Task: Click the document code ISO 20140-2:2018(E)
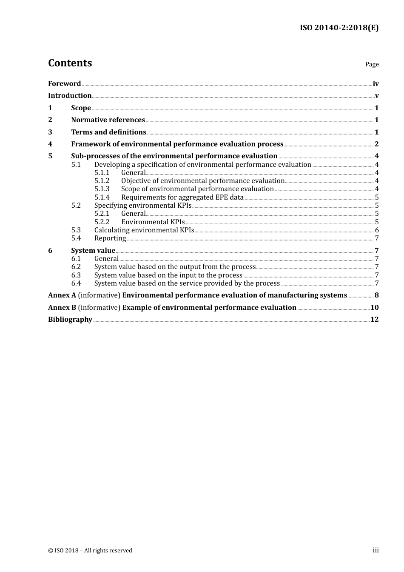(339, 28)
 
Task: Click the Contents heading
(70, 63)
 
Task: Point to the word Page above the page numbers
(372, 64)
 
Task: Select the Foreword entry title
(64, 84)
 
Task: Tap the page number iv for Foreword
(376, 84)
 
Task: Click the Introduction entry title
(70, 96)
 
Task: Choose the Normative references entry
(108, 120)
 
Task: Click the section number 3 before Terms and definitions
(50, 132)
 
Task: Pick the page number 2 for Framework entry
(376, 144)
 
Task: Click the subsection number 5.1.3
(102, 189)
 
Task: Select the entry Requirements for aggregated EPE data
(182, 197)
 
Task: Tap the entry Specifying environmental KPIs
(142, 206)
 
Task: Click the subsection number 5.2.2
(102, 222)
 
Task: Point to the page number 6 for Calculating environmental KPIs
(377, 230)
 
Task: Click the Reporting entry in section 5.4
(110, 238)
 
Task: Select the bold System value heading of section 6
(93, 251)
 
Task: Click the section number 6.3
(76, 275)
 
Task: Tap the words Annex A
(62, 295)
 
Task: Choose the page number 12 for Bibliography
(374, 320)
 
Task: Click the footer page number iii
(376, 550)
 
